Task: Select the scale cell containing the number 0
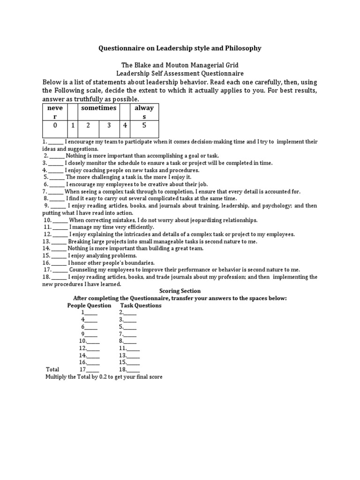click(55, 125)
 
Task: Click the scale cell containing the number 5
click(144, 125)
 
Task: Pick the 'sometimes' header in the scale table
click(98, 108)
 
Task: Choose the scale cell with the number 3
click(109, 125)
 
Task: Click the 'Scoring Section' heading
click(180, 291)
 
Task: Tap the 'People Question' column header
click(89, 306)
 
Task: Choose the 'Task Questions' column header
click(141, 306)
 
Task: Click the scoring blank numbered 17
click(92, 369)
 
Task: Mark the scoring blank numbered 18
click(133, 369)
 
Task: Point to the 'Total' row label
click(52, 369)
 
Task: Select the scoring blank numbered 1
click(90, 313)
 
